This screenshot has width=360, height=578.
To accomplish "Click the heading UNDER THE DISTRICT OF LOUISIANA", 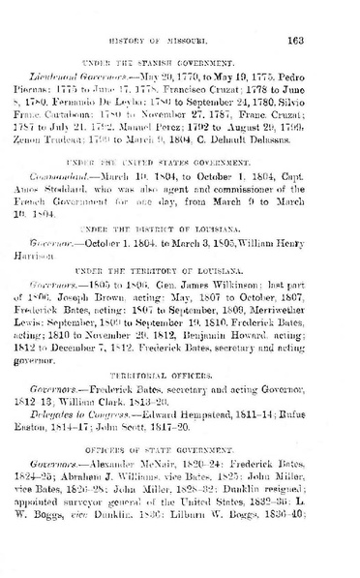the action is (x=181, y=257).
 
